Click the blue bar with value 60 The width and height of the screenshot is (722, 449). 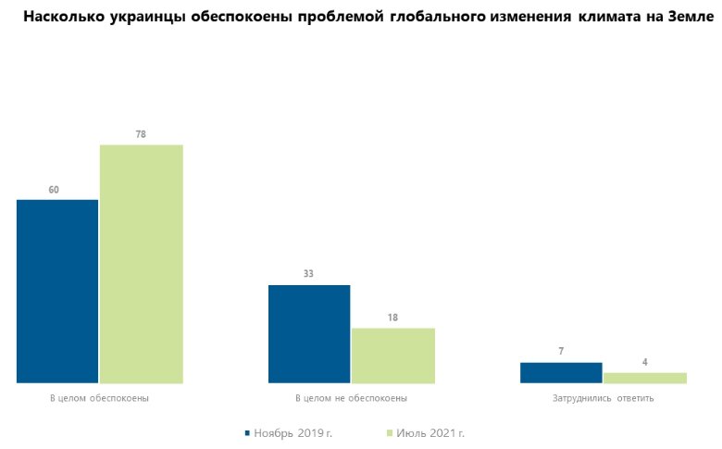(57, 291)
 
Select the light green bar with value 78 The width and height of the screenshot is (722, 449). (141, 264)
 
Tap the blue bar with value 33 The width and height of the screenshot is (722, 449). (309, 333)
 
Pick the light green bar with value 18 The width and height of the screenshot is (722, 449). (392, 355)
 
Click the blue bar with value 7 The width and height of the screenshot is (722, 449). (561, 372)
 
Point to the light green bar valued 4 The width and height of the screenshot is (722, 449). (644, 377)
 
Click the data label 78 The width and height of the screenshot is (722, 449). (141, 134)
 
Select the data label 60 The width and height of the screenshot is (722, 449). (54, 190)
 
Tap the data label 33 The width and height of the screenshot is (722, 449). (309, 274)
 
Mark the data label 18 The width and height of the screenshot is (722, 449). (392, 318)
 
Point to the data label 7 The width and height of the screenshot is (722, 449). (561, 352)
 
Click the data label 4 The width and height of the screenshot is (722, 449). (644, 363)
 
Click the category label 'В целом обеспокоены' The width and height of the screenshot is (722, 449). (99, 398)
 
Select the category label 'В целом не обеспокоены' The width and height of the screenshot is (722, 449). (351, 398)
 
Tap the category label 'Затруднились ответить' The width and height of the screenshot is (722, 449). (603, 398)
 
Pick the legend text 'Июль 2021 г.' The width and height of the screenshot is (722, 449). (430, 432)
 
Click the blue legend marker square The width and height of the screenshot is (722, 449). (247, 432)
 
